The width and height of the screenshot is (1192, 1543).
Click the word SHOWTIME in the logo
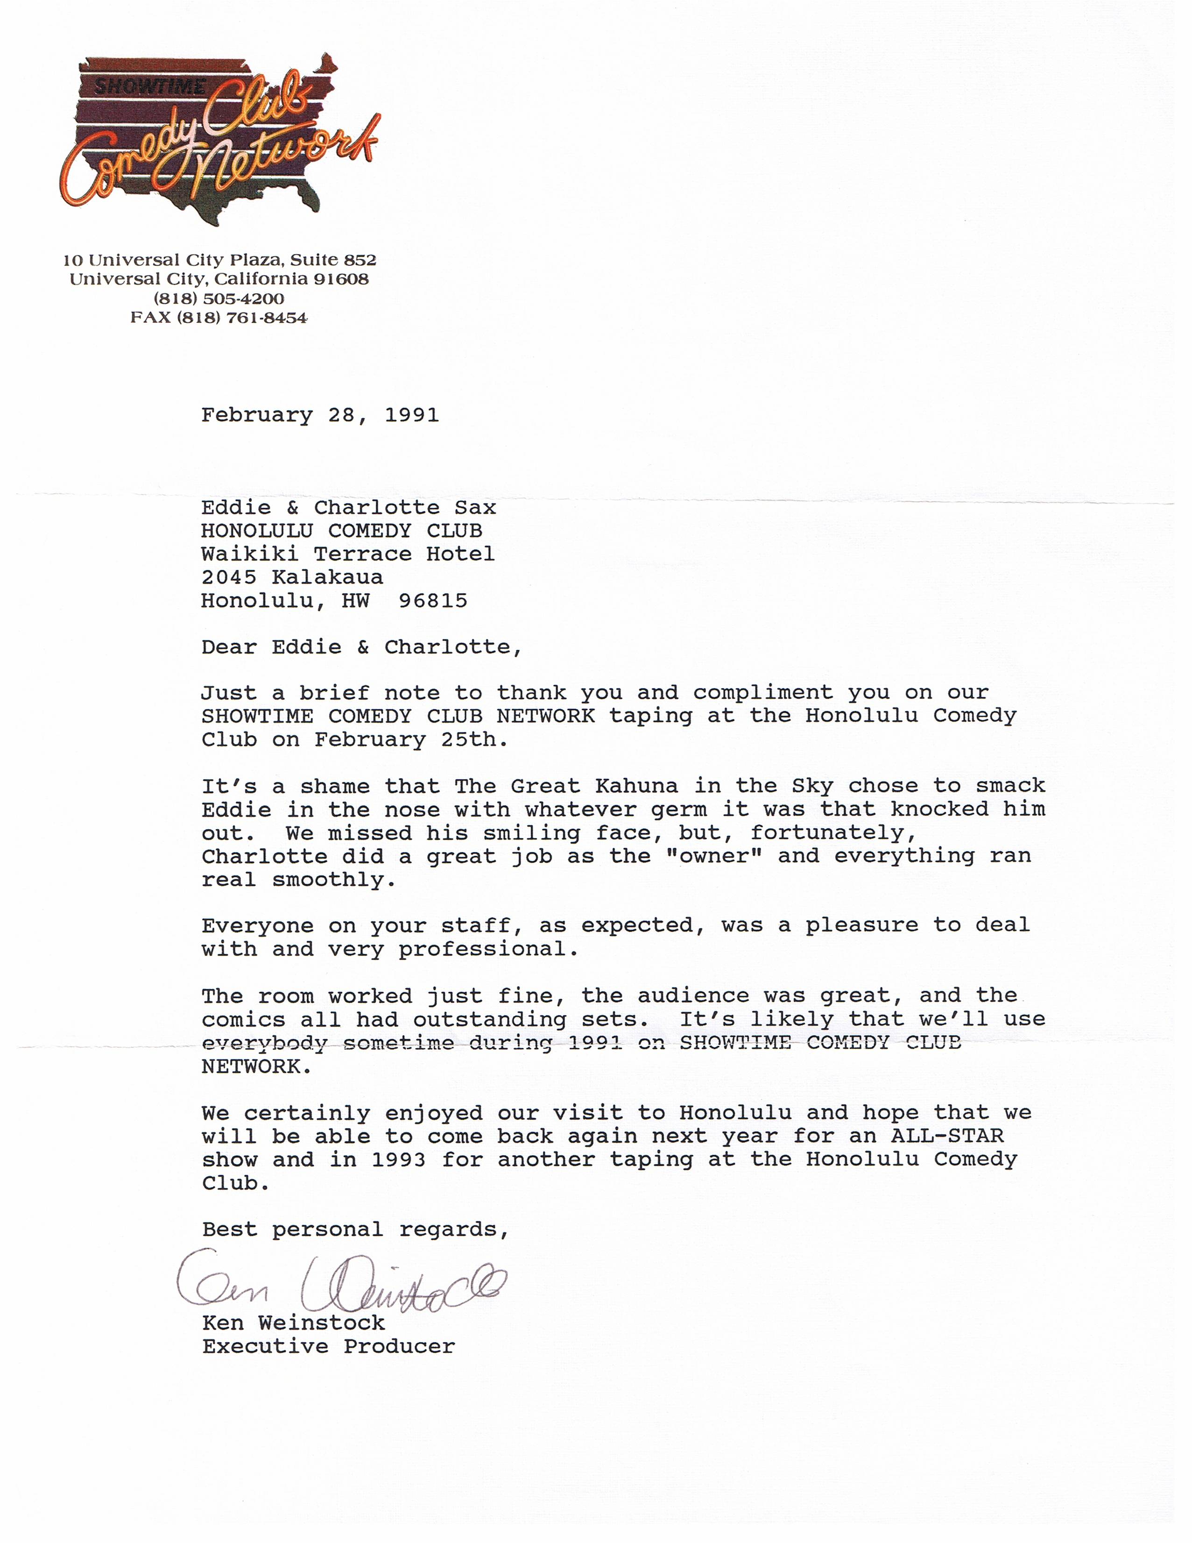pos(150,86)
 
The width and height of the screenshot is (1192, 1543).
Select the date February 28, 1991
pos(320,415)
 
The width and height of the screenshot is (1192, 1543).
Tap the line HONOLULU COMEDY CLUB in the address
pos(342,531)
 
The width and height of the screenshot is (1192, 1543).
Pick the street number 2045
pos(229,577)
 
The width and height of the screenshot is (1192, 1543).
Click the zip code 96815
pos(433,601)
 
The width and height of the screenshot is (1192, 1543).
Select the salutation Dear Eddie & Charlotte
pos(361,647)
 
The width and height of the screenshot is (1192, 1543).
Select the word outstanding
pos(490,1019)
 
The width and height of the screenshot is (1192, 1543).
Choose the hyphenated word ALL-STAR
pos(947,1136)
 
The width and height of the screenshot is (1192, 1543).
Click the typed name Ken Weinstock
pos(294,1323)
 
